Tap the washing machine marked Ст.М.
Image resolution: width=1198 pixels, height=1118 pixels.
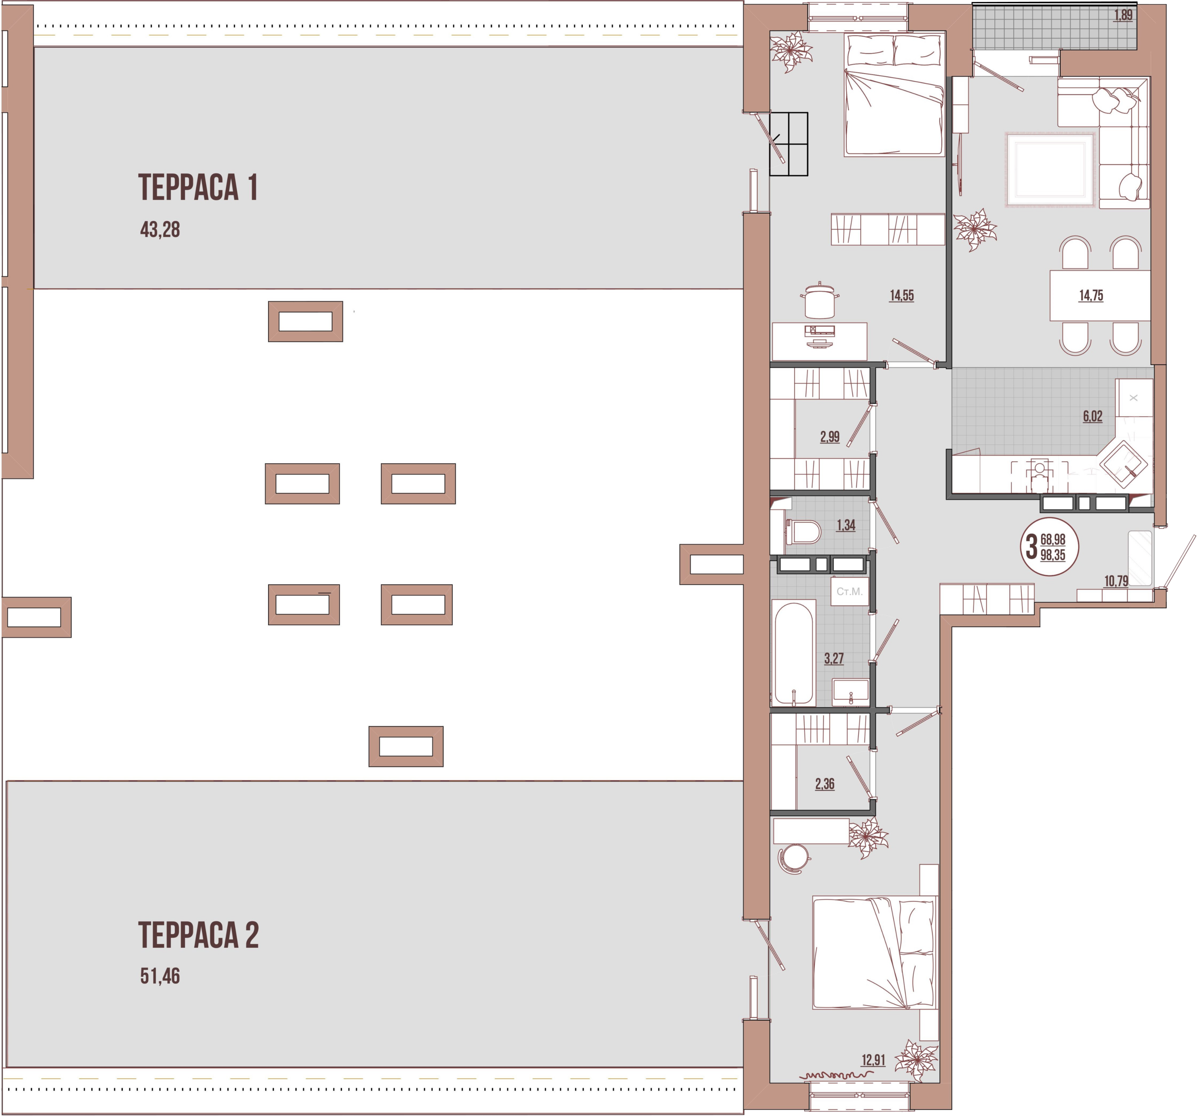(x=849, y=592)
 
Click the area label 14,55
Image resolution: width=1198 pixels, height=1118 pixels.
(x=902, y=295)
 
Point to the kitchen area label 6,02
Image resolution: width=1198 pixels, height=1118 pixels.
(x=1093, y=416)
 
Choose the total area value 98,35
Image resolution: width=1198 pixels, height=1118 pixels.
(x=1053, y=555)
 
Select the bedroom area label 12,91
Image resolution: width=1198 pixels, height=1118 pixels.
(x=873, y=1060)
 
